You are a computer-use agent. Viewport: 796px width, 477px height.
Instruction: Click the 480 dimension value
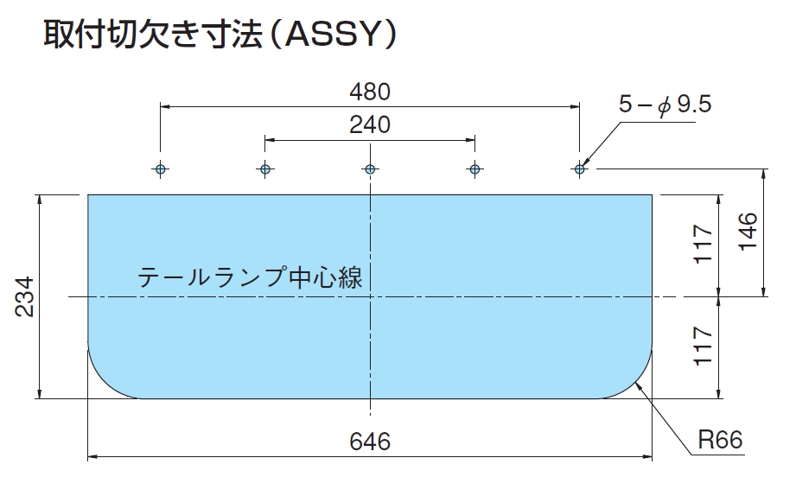[x=370, y=92]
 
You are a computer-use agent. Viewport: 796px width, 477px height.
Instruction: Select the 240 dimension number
[x=370, y=124]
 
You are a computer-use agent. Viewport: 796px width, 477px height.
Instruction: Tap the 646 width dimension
[x=370, y=442]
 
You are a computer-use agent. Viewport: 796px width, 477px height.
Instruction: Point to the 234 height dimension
[x=24, y=297]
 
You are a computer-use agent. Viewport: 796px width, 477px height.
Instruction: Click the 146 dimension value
[x=748, y=232]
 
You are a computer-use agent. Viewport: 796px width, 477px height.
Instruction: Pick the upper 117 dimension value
[x=704, y=244]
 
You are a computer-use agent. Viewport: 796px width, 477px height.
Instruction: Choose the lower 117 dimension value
[x=704, y=346]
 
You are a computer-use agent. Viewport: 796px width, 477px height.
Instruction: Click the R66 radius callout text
[x=720, y=440]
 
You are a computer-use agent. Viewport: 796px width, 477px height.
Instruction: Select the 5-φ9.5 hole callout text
[x=665, y=105]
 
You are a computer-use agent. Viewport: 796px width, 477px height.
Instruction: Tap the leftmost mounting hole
[x=161, y=169]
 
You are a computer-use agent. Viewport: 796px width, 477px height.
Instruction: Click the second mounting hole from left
[x=265, y=169]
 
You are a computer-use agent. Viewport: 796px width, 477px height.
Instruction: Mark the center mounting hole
[x=370, y=169]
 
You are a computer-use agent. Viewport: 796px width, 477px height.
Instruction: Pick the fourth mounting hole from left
[x=474, y=169]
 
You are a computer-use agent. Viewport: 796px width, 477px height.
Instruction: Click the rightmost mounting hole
[x=579, y=169]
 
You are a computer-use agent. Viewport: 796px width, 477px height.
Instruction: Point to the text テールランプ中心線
[x=251, y=277]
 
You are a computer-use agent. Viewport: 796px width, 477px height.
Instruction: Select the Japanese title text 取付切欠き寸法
[x=152, y=35]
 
